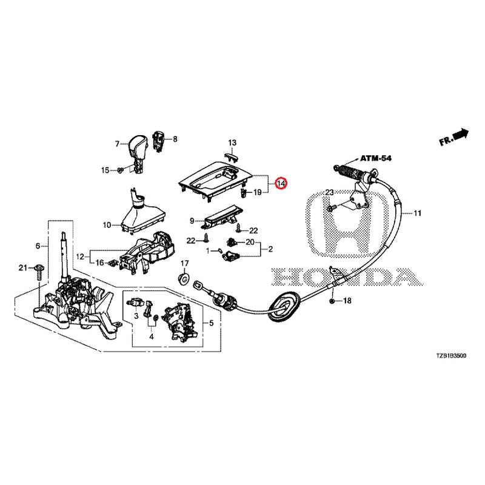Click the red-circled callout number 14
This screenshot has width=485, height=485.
tap(281, 183)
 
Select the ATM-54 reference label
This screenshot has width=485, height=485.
tap(376, 158)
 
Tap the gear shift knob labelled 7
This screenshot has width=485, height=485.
tap(138, 149)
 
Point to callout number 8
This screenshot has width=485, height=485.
tap(175, 139)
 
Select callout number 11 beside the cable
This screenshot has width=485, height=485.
tap(417, 213)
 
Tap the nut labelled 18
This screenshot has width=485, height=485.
tap(333, 301)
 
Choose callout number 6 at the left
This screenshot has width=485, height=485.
tap(38, 246)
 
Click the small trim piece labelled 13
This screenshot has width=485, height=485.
tap(229, 155)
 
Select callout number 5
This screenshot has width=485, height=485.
tap(212, 323)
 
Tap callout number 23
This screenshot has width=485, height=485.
tap(329, 193)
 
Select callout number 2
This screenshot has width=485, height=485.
tap(270, 249)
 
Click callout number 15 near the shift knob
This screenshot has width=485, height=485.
tap(105, 170)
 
